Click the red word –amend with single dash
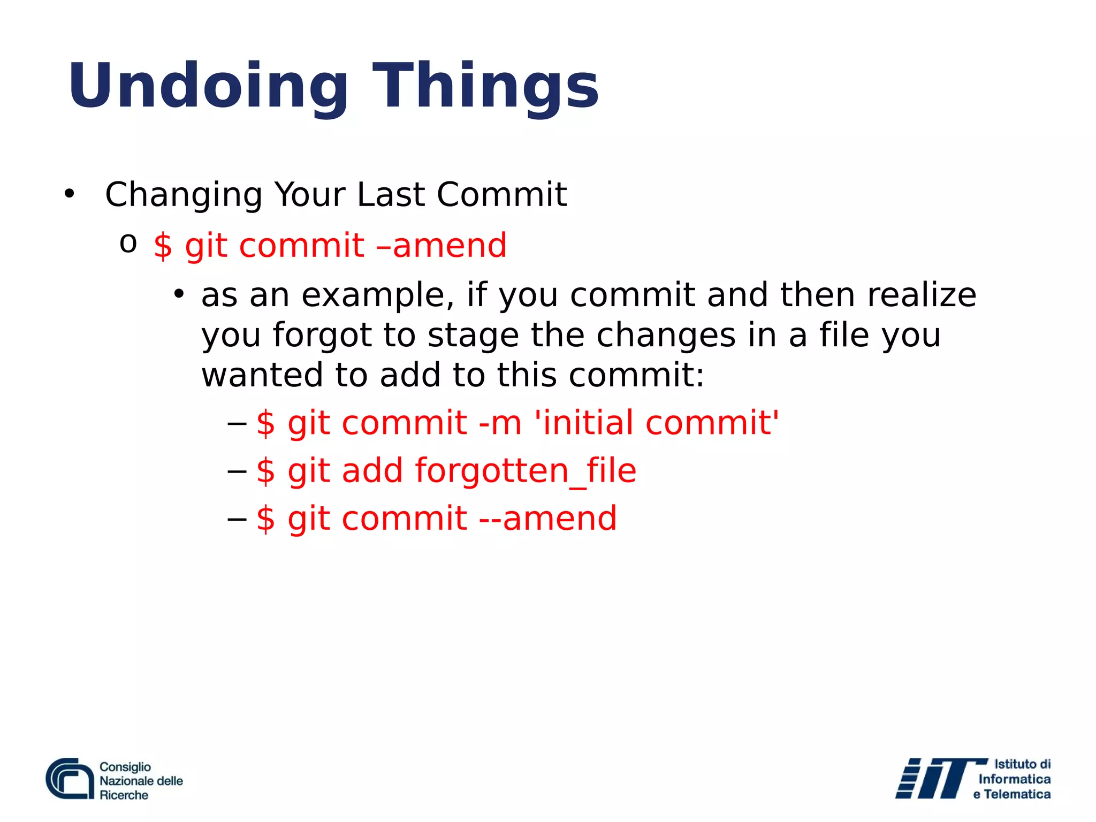click(442, 246)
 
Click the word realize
click(922, 295)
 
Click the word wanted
click(262, 375)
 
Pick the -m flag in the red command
click(500, 423)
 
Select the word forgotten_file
click(526, 471)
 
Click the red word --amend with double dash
click(548, 519)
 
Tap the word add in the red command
click(372, 471)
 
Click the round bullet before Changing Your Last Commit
click(69, 195)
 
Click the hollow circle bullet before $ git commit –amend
click(128, 245)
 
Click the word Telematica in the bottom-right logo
click(1017, 795)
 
